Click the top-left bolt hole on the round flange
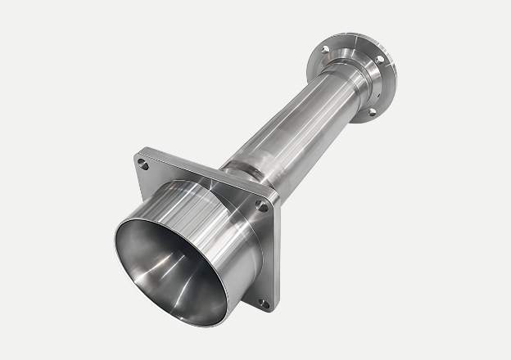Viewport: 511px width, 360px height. click(x=325, y=50)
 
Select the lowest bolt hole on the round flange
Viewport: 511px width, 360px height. click(x=371, y=110)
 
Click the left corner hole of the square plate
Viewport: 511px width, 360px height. click(x=144, y=164)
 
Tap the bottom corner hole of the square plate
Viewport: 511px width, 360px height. click(x=263, y=303)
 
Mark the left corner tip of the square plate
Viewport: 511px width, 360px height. click(x=134, y=160)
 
